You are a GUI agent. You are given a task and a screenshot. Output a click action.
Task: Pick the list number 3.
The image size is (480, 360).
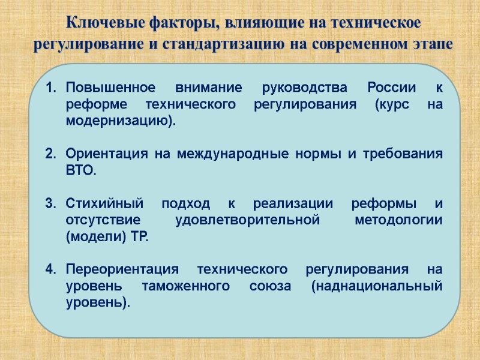click(50, 203)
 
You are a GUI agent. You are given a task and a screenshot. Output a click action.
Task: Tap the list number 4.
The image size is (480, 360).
click(50, 269)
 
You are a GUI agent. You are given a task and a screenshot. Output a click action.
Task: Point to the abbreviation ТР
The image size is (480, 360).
click(136, 236)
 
